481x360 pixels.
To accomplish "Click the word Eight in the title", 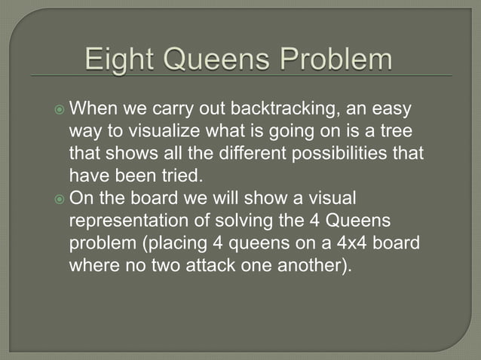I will pos(122,60).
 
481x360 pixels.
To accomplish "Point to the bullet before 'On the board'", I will pos(60,199).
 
